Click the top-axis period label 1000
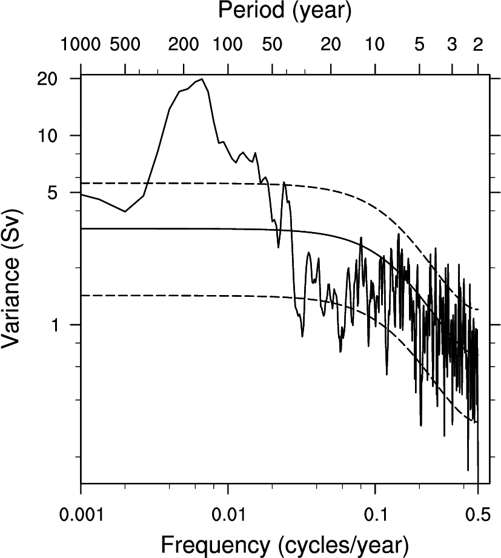81,44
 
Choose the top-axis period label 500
125,44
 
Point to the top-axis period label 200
184,44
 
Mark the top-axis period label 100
228,44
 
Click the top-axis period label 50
272,44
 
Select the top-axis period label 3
451,44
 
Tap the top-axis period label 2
477,44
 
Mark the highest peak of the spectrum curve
202,79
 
